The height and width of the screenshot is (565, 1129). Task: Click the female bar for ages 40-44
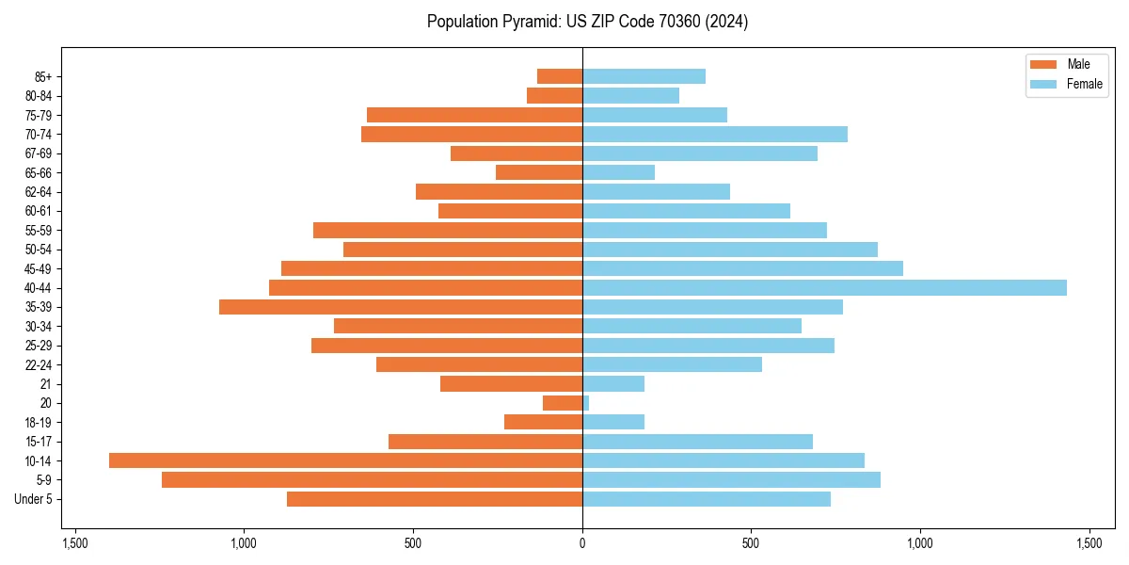(824, 288)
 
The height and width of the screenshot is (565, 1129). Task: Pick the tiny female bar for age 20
(586, 403)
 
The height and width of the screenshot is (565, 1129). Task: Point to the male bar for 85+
(560, 76)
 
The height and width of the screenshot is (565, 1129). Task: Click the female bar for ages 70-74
(715, 135)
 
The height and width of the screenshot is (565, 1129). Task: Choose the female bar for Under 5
(707, 499)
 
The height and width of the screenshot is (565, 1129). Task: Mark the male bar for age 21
(511, 384)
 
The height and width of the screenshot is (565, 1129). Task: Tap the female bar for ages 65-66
(618, 172)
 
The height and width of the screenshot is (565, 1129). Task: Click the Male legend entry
(1066, 64)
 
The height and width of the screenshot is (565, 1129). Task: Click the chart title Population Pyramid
(587, 22)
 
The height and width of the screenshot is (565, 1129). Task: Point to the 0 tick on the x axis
(582, 544)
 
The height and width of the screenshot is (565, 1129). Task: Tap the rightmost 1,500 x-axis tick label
(1089, 544)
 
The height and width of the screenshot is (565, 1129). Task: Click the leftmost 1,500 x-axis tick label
(75, 544)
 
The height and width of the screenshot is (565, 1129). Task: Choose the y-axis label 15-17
(39, 442)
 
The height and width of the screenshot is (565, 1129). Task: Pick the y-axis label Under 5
(34, 499)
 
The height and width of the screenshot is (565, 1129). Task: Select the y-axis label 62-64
(39, 192)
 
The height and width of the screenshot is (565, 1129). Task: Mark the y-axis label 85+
(42, 76)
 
